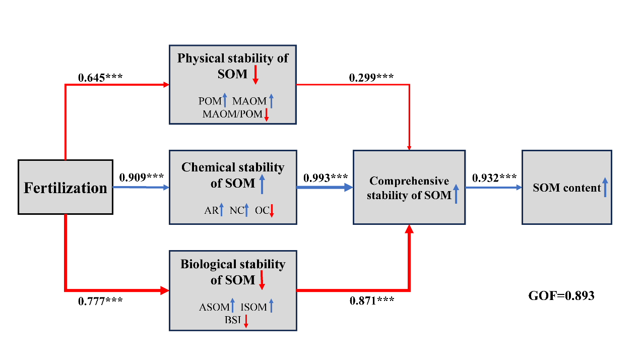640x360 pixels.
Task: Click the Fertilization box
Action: tap(66, 188)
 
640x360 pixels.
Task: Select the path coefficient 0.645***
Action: tap(101, 78)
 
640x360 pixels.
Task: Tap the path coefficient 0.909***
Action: tap(142, 177)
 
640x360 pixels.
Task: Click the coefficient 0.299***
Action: tap(371, 78)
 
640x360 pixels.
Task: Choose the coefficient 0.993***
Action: tap(326, 177)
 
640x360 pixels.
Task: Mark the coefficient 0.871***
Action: tap(372, 301)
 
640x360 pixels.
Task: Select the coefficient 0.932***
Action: tap(494, 177)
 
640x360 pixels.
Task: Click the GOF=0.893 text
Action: tap(561, 296)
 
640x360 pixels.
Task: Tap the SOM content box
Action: tap(566, 188)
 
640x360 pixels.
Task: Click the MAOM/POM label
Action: tap(232, 114)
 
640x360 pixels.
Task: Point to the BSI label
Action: tap(233, 320)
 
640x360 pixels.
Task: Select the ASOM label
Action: tap(213, 307)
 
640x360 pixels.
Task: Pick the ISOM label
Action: tap(253, 307)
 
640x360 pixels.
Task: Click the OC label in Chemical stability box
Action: tap(262, 211)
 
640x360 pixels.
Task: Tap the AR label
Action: tap(211, 211)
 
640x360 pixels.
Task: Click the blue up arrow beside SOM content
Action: tap(605, 187)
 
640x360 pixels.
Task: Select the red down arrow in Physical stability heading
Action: tap(255, 74)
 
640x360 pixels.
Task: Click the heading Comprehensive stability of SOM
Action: tap(409, 188)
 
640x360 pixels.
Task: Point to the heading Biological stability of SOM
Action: tap(233, 271)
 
